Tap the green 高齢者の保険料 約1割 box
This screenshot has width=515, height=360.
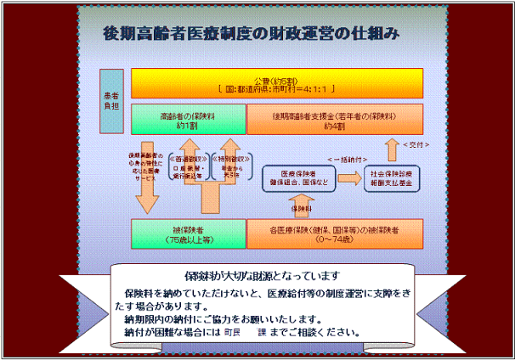pos(188,120)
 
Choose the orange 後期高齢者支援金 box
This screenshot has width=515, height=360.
pos(335,120)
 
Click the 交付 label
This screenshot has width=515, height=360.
pos(412,143)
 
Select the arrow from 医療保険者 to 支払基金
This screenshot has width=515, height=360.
pos(347,177)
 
